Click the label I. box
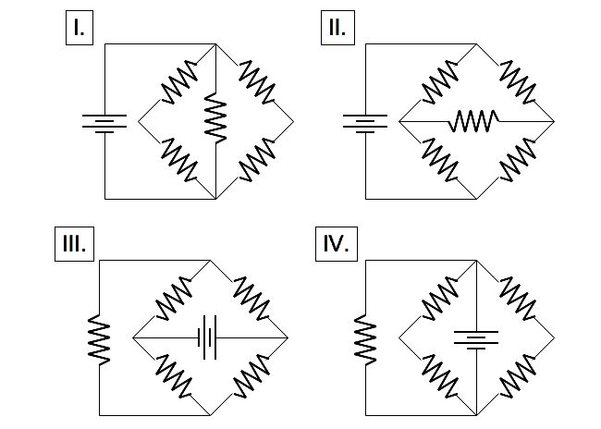pyautogui.click(x=80, y=28)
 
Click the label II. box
pyautogui.click(x=337, y=28)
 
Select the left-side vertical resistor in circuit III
pyautogui.click(x=98, y=338)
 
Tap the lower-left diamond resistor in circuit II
pyautogui.click(x=439, y=159)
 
